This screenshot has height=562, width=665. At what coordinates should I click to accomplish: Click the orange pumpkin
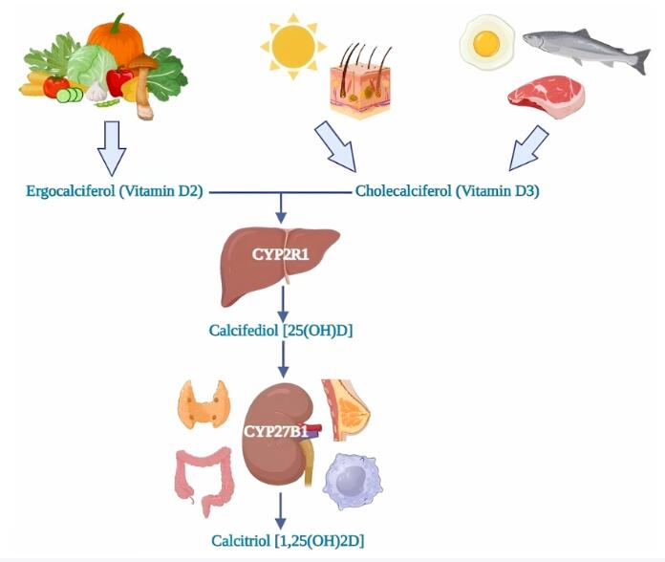click(x=117, y=40)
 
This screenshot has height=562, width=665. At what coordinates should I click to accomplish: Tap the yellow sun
click(x=293, y=46)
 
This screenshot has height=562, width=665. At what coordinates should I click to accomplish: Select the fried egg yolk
click(x=486, y=44)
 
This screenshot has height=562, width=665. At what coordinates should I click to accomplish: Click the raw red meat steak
click(x=547, y=97)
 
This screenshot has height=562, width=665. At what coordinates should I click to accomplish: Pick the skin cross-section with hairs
click(x=360, y=80)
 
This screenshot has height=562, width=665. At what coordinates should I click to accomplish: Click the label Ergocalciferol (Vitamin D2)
click(x=115, y=191)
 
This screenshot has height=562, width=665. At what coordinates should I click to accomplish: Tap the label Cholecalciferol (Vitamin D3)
click(x=447, y=191)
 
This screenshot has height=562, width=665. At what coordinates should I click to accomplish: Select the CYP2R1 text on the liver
click(x=281, y=254)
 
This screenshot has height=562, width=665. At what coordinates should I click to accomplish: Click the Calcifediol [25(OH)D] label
click(x=281, y=330)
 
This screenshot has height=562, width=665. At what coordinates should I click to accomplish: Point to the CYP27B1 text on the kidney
click(x=276, y=431)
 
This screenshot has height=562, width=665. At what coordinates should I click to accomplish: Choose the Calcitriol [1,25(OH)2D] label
click(x=288, y=541)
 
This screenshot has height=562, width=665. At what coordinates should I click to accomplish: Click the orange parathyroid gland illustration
click(x=204, y=403)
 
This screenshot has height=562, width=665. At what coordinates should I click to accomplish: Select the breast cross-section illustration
click(x=344, y=410)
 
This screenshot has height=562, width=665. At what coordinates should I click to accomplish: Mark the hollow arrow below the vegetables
click(x=112, y=148)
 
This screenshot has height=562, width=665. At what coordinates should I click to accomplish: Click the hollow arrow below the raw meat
click(x=528, y=148)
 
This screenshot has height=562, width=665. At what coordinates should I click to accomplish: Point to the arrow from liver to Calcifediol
click(x=283, y=304)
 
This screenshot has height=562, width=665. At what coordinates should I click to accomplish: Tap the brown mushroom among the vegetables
click(x=143, y=85)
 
